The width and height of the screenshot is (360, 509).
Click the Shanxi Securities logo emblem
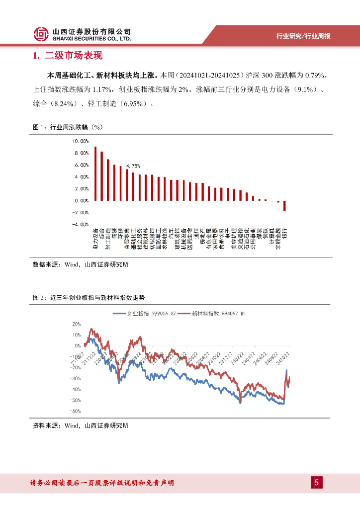pyautogui.click(x=41, y=34)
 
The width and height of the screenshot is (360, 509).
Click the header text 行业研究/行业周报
pyautogui.click(x=303, y=36)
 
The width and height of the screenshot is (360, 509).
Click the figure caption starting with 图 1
pyautogui.click(x=67, y=127)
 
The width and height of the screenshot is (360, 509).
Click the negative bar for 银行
pyautogui.click(x=285, y=206)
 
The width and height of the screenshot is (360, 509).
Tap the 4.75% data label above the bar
pyautogui.click(x=133, y=166)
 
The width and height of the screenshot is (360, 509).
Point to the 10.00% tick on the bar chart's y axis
pyautogui.click(x=80, y=141)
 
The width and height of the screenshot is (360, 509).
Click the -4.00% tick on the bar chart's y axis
pyautogui.click(x=80, y=225)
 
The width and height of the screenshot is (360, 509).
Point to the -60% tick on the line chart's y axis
pyautogui.click(x=75, y=411)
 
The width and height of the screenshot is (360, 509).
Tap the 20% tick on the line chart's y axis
pyautogui.click(x=76, y=324)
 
